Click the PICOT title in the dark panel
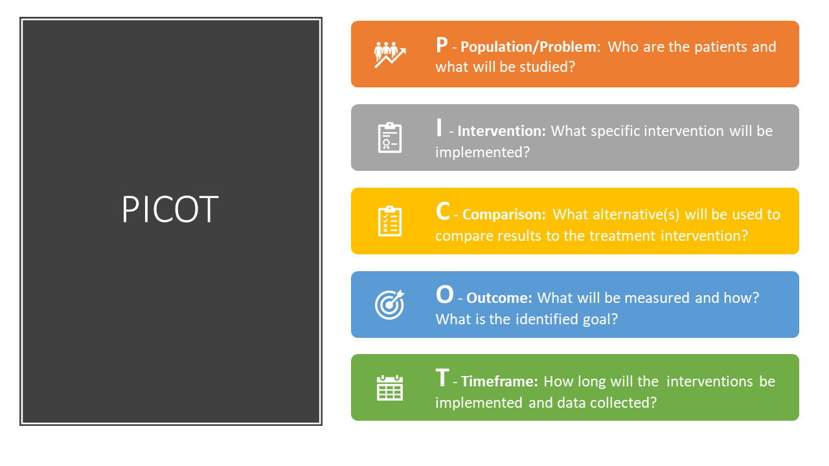pos(170,209)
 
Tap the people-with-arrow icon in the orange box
pos(390,54)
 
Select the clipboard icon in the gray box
pos(390,138)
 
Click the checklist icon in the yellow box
pos(390,221)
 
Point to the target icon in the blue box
pos(390,305)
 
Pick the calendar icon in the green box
pos(390,388)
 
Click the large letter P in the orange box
pos(442,45)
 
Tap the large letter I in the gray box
pos(439,128)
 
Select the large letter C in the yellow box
pos(443,212)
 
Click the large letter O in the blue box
pos(444,294)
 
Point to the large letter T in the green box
pos(442,378)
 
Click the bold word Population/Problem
pos(528,47)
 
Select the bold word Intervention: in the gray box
pos(501,131)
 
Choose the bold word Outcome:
pos(499,298)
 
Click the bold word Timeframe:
pos(499,381)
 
